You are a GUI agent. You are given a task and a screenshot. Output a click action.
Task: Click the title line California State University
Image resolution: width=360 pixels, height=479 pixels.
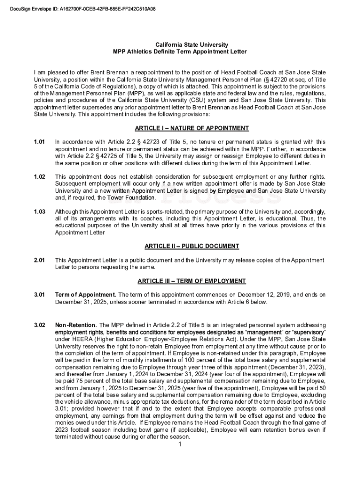tap(180, 44)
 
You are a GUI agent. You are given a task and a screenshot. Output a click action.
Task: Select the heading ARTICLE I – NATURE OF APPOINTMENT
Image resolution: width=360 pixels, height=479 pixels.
tap(192, 128)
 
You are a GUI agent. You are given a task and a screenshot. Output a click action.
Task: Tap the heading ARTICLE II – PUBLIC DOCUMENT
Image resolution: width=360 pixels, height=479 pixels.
tap(192, 246)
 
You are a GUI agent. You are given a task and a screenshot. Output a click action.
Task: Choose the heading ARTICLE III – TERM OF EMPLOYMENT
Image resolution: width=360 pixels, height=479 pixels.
tap(192, 281)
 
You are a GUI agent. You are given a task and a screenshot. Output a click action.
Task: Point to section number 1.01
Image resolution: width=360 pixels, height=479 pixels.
tap(39, 142)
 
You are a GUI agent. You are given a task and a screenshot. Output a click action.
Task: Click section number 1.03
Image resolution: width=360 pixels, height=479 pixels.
tap(39, 212)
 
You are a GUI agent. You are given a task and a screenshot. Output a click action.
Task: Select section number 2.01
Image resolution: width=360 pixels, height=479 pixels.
tap(39, 260)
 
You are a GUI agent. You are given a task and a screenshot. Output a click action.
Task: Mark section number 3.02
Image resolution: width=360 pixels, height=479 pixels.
tap(39, 325)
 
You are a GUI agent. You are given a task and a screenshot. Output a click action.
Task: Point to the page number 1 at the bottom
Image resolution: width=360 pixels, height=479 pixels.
tap(180, 444)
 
